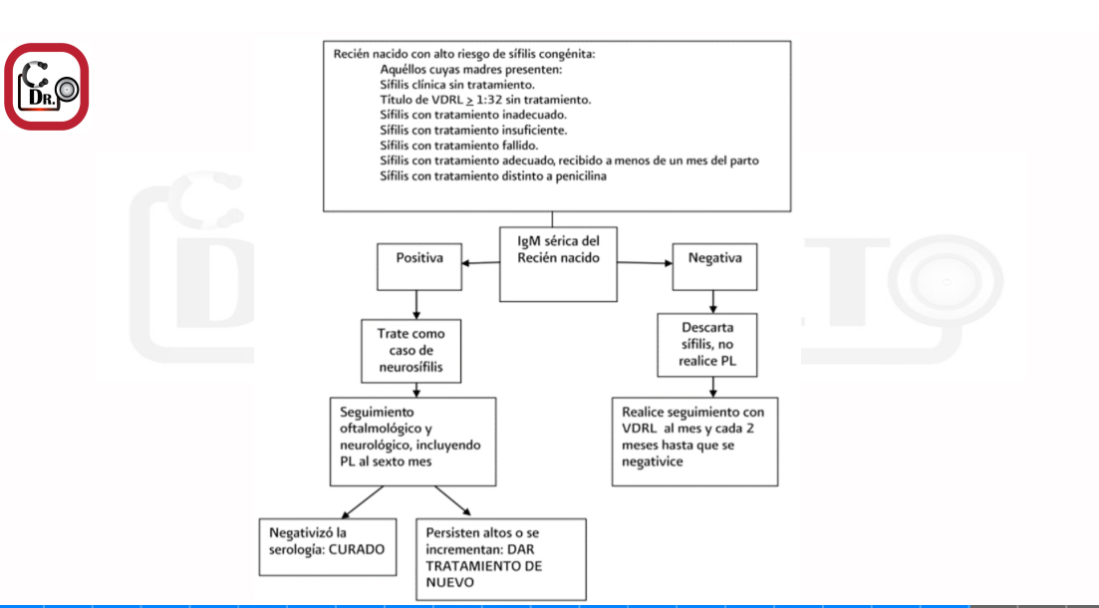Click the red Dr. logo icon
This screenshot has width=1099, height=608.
[x=46, y=87]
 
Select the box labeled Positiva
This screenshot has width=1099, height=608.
[x=419, y=266]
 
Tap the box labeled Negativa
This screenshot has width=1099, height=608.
[x=714, y=266]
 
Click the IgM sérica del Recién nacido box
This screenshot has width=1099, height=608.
[x=558, y=264]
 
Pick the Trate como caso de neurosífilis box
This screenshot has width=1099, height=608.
[x=411, y=351]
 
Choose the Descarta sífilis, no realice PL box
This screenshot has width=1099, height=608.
[x=706, y=344]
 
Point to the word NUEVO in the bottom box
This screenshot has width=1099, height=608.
[x=450, y=583]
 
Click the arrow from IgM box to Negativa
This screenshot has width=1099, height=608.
[x=645, y=263]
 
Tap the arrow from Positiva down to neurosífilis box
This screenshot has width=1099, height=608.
[x=416, y=305]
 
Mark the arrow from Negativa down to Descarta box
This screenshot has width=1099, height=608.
[x=712, y=302]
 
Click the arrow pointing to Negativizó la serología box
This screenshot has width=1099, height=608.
[x=362, y=502]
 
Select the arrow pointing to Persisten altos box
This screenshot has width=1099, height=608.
[x=452, y=501]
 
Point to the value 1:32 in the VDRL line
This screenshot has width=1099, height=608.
[x=489, y=100]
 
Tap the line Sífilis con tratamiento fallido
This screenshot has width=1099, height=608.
[x=459, y=146]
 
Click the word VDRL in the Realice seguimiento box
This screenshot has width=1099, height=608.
[x=640, y=429]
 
